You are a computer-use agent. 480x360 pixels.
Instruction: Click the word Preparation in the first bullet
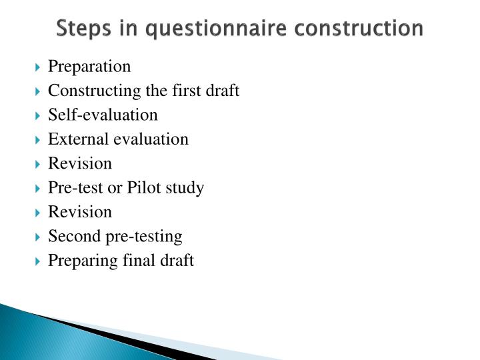(x=89, y=67)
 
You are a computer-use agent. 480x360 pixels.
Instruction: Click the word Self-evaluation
(x=103, y=115)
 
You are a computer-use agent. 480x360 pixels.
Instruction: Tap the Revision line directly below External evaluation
(x=80, y=163)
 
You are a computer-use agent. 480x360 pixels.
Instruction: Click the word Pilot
(x=141, y=188)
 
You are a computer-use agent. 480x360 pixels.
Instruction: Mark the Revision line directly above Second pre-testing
(x=80, y=212)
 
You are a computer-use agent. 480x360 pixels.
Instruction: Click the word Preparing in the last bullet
(x=75, y=261)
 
